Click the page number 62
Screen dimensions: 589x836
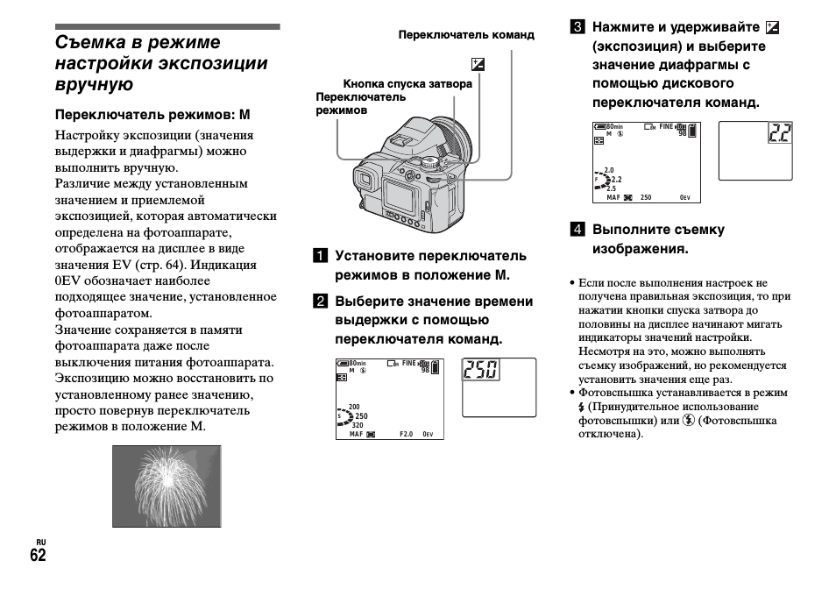point(37,556)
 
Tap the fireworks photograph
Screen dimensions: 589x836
point(166,486)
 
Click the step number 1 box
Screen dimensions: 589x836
point(322,256)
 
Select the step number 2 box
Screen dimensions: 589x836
point(322,302)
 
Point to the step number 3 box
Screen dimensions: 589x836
point(577,27)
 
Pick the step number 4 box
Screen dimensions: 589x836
point(577,230)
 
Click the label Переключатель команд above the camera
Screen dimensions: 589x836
point(465,35)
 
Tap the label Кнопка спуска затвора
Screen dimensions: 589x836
point(407,84)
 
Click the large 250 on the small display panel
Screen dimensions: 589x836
point(481,371)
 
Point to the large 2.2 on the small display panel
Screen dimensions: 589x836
point(779,133)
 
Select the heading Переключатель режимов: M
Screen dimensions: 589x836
point(153,115)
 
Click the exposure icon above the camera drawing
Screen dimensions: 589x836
point(477,64)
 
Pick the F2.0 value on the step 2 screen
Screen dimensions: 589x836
point(406,434)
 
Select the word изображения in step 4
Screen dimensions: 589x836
point(640,249)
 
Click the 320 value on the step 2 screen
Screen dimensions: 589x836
point(358,425)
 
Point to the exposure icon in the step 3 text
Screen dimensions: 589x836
point(772,27)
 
